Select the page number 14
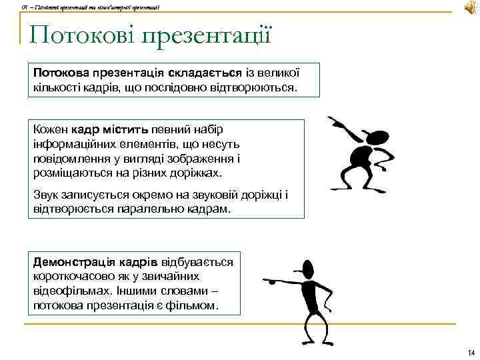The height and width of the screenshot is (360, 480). (x=470, y=353)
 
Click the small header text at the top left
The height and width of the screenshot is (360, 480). (x=80, y=7)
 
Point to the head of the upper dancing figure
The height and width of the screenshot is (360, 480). (x=378, y=139)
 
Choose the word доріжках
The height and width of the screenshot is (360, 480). (x=197, y=173)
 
